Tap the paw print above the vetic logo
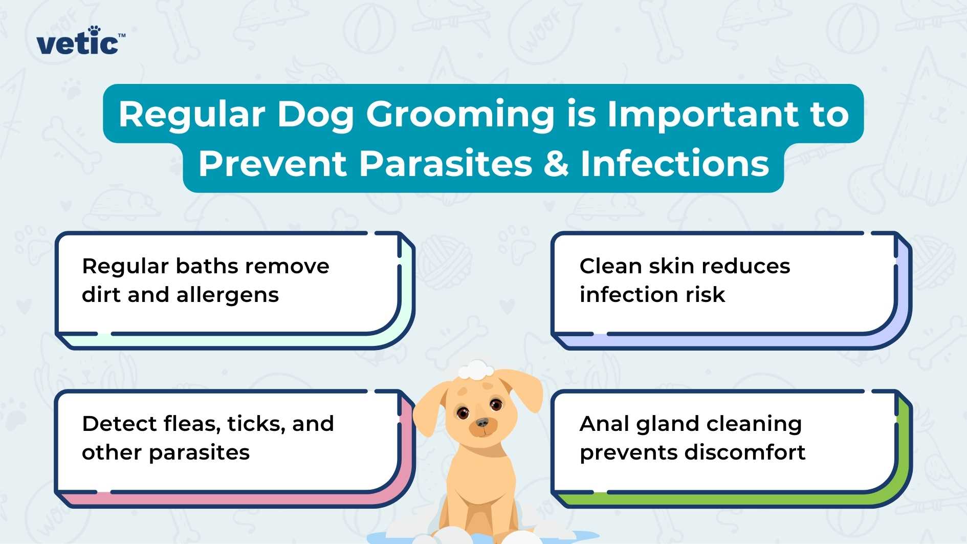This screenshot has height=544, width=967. click(94, 30)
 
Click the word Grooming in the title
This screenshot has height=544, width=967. click(460, 115)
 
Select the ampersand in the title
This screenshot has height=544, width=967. click(556, 164)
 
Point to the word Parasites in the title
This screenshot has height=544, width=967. click(445, 164)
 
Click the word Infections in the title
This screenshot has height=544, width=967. click(674, 164)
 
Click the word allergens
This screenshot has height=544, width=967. click(228, 295)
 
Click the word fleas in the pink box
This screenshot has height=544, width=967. click(191, 424)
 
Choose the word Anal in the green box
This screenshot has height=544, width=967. click(602, 424)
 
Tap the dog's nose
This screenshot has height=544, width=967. click(482, 423)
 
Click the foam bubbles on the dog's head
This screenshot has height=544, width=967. click(476, 369)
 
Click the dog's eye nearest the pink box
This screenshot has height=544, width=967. click(463, 412)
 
